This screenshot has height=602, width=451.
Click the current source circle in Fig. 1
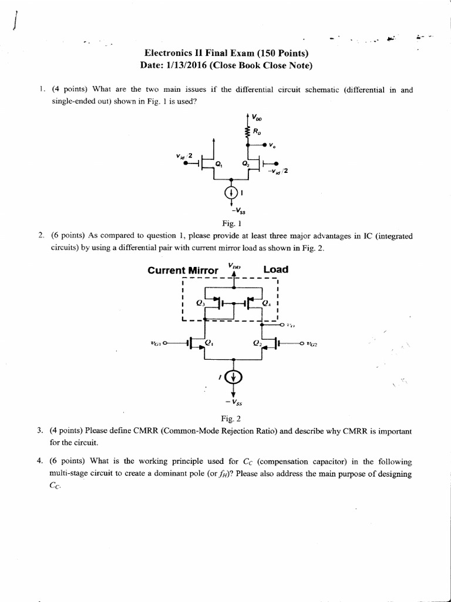tap(231, 192)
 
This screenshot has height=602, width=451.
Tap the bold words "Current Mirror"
tap(183, 270)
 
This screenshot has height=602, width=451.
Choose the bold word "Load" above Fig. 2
tap(275, 270)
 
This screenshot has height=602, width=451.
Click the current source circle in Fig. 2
tap(235, 376)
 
